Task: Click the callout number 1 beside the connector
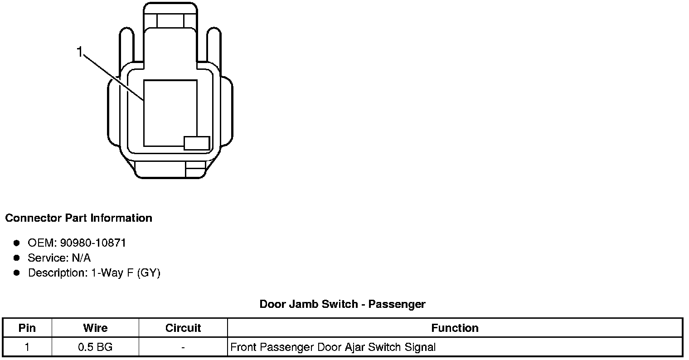pos(80,53)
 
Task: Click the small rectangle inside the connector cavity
pos(197,143)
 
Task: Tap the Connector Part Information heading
pos(78,218)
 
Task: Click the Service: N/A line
pos(59,258)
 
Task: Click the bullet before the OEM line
pos(17,243)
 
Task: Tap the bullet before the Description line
pos(17,273)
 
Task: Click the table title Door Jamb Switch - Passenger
pos(342,304)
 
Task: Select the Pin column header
pos(27,328)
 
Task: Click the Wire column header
pos(95,328)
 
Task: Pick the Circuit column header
pos(183,328)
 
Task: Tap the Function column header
pos(455,328)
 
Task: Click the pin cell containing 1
pos(27,347)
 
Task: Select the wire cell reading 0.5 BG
pos(95,347)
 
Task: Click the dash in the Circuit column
pos(183,347)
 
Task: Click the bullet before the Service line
pos(17,258)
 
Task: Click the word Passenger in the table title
pos(397,304)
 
